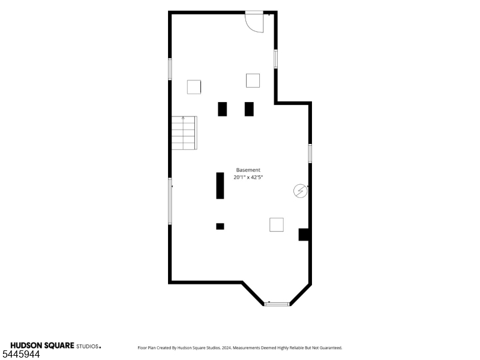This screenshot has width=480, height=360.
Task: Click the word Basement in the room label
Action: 248,170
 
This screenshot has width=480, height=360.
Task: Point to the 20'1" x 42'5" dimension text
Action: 248,177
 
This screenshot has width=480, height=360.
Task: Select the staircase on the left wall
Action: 184,133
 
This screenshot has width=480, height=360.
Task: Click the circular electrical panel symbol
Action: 301,191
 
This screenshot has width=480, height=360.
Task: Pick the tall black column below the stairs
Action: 220,186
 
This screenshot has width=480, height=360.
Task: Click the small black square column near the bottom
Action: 220,226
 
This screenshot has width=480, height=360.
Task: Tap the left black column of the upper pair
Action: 222,109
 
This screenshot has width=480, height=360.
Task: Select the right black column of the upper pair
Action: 249,109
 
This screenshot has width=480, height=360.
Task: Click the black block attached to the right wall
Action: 304,235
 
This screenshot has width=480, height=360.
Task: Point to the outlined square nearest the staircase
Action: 194,87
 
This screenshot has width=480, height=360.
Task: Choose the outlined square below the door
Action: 253,80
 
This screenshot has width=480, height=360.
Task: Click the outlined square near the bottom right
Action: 277,224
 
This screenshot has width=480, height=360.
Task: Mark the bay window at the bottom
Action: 277,304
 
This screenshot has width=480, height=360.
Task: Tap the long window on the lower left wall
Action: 170,201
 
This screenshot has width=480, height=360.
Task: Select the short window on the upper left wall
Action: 170,69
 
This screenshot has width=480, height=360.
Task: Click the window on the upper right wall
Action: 276,59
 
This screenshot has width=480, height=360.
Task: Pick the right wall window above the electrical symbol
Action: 310,154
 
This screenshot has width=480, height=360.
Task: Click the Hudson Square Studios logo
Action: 56,346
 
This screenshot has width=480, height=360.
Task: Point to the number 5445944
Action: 21,355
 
